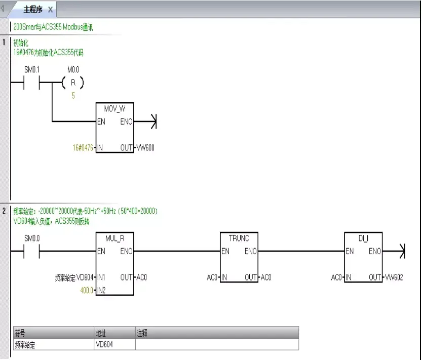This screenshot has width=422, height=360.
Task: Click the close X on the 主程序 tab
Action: click(50, 10)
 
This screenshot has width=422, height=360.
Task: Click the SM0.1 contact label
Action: click(32, 69)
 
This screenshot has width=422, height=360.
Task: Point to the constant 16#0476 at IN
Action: click(83, 148)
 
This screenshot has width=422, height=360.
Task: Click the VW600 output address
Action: click(146, 148)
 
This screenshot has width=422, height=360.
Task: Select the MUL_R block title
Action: click(114, 238)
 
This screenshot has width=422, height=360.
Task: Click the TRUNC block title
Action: click(239, 238)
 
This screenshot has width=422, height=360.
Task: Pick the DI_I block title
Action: click(363, 238)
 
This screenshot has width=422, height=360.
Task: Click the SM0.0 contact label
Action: click(32, 238)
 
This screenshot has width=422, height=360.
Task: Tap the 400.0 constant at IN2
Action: click(87, 290)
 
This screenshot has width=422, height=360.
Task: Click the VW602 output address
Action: click(394, 277)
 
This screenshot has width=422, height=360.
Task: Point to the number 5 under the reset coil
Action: click(73, 95)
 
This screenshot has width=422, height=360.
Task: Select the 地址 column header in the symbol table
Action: click(101, 333)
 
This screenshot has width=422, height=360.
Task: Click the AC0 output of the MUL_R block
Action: click(142, 277)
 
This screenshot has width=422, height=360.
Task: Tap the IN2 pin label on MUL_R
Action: click(101, 290)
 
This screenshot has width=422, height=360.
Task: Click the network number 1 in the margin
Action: click(4, 42)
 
